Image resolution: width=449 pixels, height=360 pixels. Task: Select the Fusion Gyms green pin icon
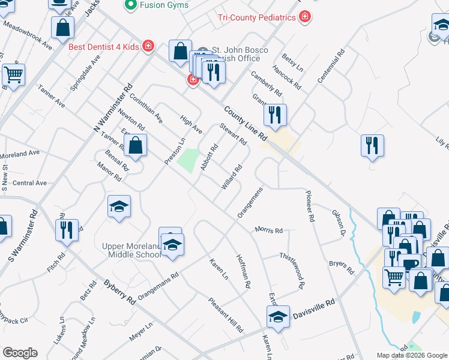130,5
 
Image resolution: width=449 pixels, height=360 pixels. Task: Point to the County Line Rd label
246,124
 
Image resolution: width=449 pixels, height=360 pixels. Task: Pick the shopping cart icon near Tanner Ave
13,76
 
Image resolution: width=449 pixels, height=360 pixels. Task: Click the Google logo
20,353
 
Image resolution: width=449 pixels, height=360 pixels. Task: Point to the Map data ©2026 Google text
411,355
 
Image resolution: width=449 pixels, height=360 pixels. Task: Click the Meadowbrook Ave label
28,37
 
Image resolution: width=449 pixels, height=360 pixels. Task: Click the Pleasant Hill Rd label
226,315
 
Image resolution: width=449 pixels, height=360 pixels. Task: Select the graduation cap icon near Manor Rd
119,207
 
